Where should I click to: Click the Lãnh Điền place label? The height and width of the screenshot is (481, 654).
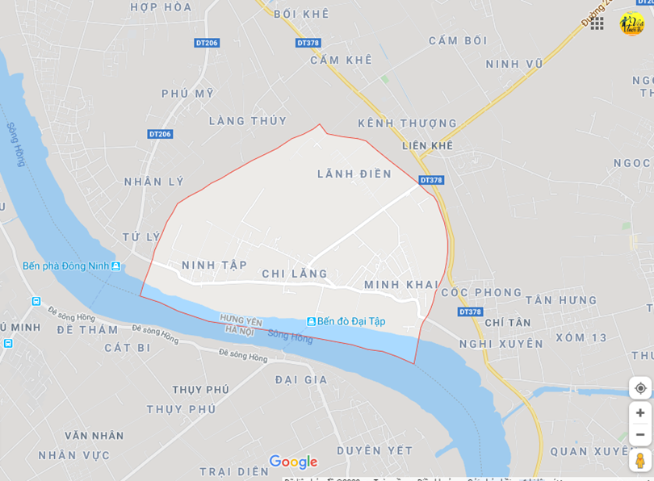pyautogui.click(x=354, y=174)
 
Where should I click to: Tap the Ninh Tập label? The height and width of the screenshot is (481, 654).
pyautogui.click(x=214, y=265)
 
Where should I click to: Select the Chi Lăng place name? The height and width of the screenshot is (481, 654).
pyautogui.click(x=295, y=274)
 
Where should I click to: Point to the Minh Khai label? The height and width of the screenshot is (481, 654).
pyautogui.click(x=400, y=285)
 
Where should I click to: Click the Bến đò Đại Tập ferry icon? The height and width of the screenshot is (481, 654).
pyautogui.click(x=311, y=321)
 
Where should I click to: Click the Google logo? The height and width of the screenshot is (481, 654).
pyautogui.click(x=293, y=462)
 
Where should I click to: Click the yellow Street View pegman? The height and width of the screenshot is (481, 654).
pyautogui.click(x=640, y=461)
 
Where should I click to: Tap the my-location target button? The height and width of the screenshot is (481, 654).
pyautogui.click(x=640, y=388)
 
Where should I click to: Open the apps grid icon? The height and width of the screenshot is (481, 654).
pyautogui.click(x=597, y=23)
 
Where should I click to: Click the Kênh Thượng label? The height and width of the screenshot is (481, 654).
pyautogui.click(x=407, y=123)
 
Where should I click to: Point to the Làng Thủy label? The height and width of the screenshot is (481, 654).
pyautogui.click(x=248, y=121)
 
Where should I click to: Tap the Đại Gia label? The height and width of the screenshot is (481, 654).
pyautogui.click(x=301, y=379)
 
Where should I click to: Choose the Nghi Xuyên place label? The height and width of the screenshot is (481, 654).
pyautogui.click(x=501, y=344)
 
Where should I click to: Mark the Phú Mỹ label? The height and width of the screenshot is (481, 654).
pyautogui.click(x=187, y=94)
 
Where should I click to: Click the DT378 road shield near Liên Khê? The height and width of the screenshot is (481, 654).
pyautogui.click(x=431, y=180)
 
